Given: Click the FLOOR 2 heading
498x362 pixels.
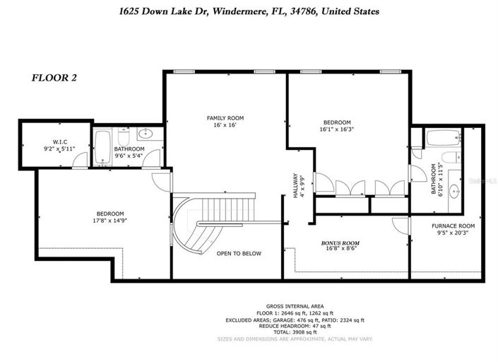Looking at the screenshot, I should (x=54, y=78).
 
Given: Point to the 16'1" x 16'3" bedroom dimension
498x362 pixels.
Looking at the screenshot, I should (x=337, y=129).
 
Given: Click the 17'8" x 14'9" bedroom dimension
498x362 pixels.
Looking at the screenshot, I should (x=110, y=220).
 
